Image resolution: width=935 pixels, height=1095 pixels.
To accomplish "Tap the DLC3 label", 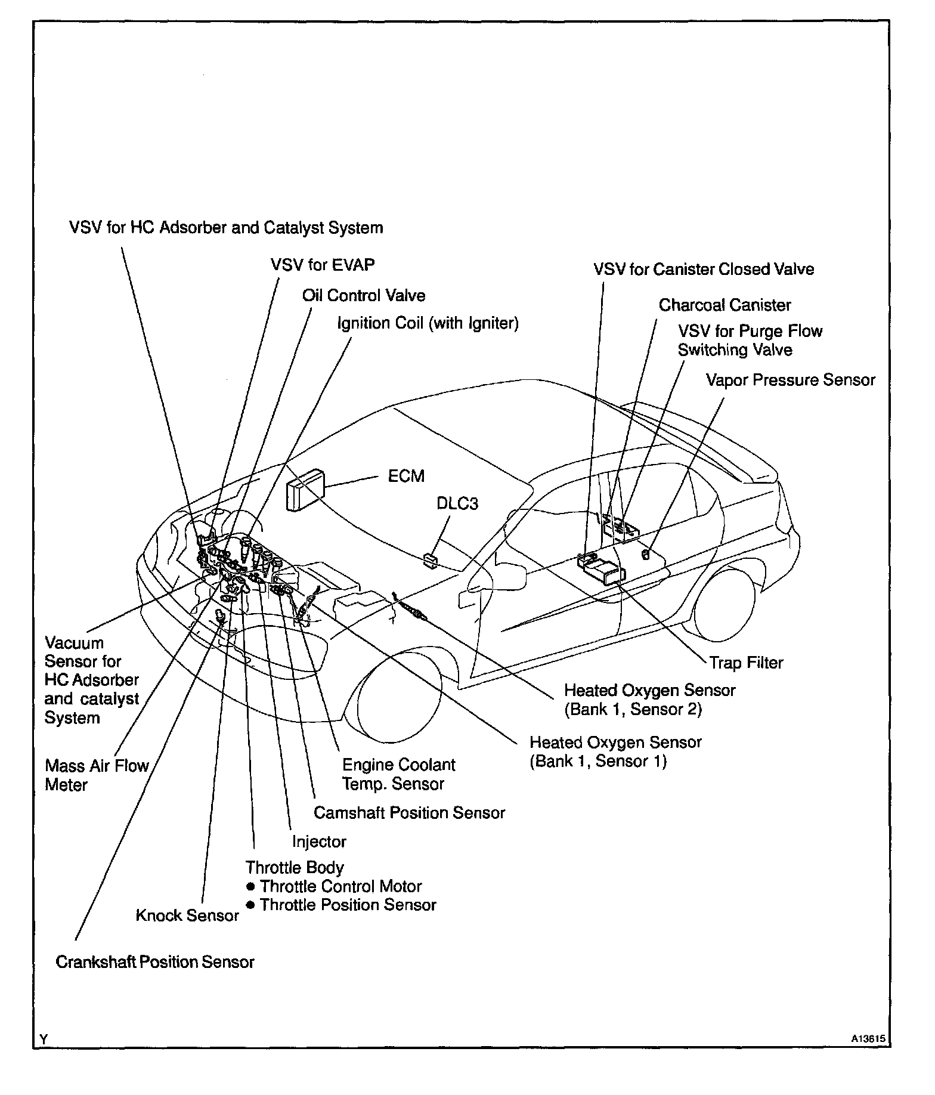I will (457, 504).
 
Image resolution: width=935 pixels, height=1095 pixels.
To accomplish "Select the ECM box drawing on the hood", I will (306, 488).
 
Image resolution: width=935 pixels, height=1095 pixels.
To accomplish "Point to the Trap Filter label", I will (746, 663).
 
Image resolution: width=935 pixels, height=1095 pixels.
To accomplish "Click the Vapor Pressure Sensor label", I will (790, 380).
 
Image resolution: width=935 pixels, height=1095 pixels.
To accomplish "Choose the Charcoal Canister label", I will (725, 305).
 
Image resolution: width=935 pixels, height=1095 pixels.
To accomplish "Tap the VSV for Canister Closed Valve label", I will (704, 270).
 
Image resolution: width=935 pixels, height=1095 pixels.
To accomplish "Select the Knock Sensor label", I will (187, 915).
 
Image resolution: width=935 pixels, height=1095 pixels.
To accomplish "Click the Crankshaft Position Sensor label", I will (155, 962).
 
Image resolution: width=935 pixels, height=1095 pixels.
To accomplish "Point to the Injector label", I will (319, 842).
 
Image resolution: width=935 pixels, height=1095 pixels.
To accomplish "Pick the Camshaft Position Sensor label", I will (409, 813).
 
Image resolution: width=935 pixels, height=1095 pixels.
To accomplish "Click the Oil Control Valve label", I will (364, 296).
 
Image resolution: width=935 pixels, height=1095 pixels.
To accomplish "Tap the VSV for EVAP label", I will (323, 265).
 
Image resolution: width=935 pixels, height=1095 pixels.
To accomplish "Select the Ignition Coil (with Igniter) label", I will (428, 323).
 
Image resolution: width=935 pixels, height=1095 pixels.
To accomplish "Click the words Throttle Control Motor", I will (340, 886).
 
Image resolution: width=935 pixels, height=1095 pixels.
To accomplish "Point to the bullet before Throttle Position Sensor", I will (251, 905).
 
